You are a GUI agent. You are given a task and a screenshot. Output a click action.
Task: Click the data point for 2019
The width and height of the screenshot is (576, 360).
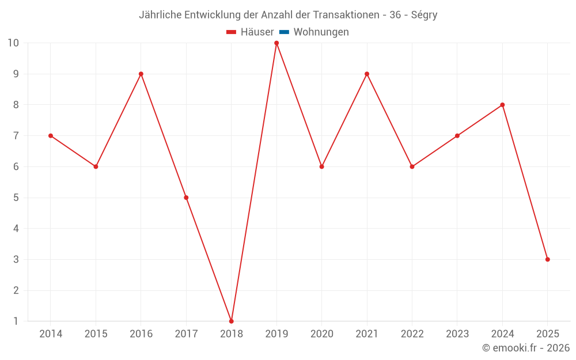point(276,43)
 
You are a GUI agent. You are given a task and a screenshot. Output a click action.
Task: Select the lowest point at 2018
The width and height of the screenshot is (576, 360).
point(231,321)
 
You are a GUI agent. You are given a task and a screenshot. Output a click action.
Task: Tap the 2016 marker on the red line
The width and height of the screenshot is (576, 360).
point(141,74)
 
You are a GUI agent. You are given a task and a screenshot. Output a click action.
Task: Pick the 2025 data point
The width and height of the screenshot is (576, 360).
point(547,259)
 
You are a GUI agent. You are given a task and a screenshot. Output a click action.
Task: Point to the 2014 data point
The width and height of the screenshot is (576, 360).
point(51,136)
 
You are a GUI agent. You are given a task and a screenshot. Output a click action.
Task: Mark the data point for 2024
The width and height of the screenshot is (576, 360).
point(502,105)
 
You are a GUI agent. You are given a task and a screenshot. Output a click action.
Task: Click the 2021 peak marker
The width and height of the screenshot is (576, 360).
point(367,74)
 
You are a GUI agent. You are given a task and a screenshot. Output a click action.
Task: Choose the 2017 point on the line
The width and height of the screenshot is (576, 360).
point(186,198)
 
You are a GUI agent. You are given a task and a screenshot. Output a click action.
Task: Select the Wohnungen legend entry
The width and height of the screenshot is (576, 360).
point(321,32)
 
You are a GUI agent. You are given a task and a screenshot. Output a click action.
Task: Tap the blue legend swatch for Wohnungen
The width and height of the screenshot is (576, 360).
point(284,32)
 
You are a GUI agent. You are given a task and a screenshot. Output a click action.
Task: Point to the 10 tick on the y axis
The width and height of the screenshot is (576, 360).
point(13,43)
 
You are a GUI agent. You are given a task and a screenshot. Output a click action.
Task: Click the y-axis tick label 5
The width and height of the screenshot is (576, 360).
point(16,198)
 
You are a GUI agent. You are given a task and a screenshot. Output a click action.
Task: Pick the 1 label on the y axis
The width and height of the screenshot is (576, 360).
point(16,321)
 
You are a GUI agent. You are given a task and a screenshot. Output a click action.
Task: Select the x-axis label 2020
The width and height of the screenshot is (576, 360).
point(321,334)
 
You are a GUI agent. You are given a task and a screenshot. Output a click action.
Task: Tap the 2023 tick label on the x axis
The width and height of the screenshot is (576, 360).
point(457,334)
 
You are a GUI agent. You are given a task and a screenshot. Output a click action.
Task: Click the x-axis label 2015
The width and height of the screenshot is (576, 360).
point(96,334)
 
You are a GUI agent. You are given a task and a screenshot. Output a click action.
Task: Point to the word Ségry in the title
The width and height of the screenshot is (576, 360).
point(424,15)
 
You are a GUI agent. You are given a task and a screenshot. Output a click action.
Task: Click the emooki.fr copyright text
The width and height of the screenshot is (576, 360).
point(526,348)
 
